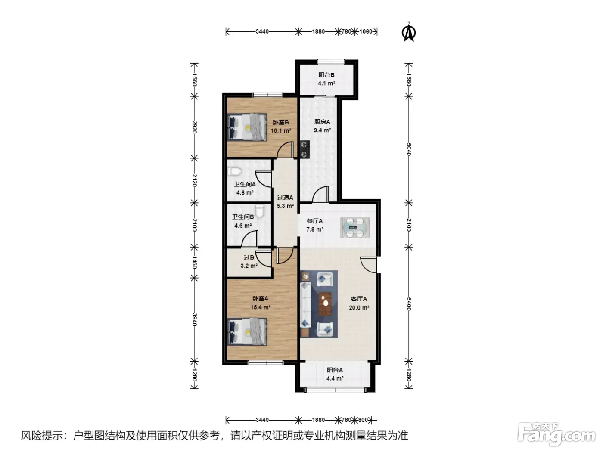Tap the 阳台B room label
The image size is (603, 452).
pyautogui.click(x=326, y=75)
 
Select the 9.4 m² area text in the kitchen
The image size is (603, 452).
pyautogui.click(x=322, y=130)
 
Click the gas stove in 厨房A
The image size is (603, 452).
pyautogui.click(x=305, y=149)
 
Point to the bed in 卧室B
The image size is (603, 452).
pyautogui.click(x=247, y=127)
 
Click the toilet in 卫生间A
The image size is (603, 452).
pyautogui.click(x=234, y=172)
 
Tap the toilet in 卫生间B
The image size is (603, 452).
pyautogui.click(x=260, y=211)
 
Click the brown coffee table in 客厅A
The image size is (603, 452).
pyautogui.click(x=325, y=304)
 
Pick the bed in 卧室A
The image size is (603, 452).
pyautogui.click(x=247, y=331)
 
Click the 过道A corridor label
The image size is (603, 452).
pyautogui.click(x=285, y=198)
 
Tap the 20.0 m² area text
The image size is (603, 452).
pyautogui.click(x=359, y=308)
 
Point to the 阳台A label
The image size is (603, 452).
pyautogui.click(x=335, y=370)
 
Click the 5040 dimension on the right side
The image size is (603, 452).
pyautogui.click(x=409, y=149)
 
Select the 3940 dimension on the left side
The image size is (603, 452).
pyautogui.click(x=194, y=320)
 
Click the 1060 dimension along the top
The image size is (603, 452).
pyautogui.click(x=366, y=31)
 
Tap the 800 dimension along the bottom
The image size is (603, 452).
pyautogui.click(x=363, y=420)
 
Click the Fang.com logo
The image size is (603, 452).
pyautogui.click(x=556, y=435)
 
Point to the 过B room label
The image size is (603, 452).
pyautogui.click(x=249, y=257)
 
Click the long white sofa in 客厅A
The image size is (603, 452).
pyautogui.click(x=306, y=305)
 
